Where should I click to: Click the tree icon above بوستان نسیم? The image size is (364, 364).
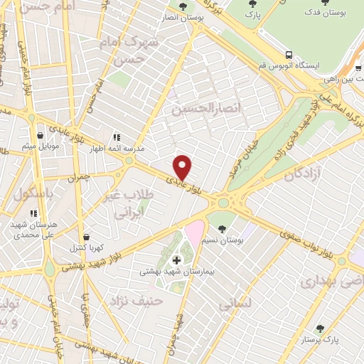pyautogui.click(x=223, y=229)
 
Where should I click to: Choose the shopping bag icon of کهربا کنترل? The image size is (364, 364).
pyautogui.click(x=86, y=237)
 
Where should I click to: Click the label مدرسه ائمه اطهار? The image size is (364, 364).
pyautogui.click(x=139, y=149)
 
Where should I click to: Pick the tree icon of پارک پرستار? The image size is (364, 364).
pyautogui.click(x=320, y=329)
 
